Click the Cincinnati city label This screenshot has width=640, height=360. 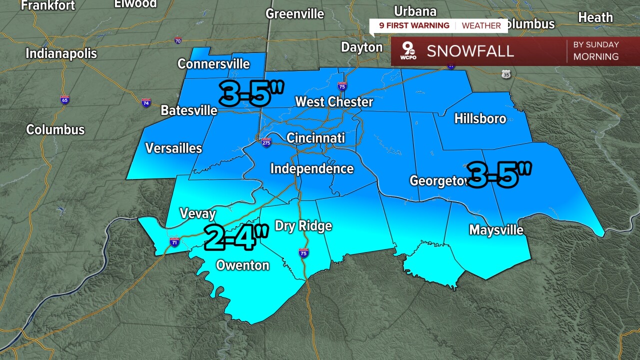315,137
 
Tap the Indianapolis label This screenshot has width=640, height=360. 61,53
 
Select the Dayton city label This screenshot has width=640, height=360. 361,47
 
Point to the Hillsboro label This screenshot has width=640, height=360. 480,118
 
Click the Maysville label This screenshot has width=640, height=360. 496,230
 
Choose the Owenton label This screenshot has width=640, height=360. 242,265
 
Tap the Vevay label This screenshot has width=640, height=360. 197,214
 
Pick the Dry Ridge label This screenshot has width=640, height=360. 303,226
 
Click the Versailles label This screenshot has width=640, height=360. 173,148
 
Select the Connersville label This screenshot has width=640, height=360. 213,64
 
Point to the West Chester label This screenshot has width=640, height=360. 334,102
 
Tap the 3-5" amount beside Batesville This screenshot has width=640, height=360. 251,93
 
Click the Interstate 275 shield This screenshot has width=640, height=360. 266,142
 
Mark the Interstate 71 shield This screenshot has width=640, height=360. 174,242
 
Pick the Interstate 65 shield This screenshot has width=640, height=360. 65,99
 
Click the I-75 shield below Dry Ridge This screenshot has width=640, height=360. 303,253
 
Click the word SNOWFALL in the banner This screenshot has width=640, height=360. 470,51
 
